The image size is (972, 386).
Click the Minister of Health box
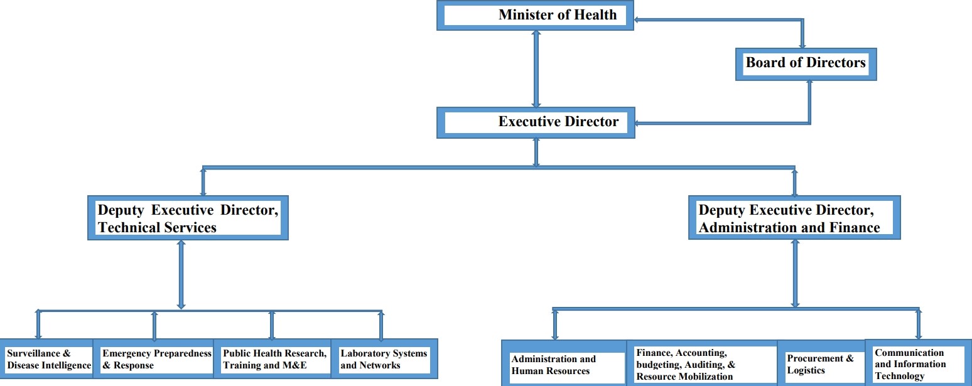click(x=535, y=16)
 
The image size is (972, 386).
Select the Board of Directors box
click(x=806, y=64)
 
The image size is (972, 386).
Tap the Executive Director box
click(x=536, y=123)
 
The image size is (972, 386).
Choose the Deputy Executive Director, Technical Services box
click(x=188, y=218)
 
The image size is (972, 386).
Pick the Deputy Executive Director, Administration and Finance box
click(x=794, y=217)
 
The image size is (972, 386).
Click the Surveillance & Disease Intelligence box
click(x=47, y=358)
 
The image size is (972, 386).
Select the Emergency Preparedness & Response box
click(x=154, y=358)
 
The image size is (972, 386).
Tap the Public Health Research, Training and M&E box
click(x=273, y=358)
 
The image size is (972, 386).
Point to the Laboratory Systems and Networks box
click(x=384, y=358)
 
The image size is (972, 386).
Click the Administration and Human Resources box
click(x=564, y=363)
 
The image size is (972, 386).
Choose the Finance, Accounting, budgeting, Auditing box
click(x=702, y=363)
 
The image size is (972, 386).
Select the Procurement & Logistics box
click(x=821, y=363)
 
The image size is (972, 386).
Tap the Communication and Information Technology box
click(x=918, y=363)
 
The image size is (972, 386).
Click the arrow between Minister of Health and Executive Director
click(x=536, y=69)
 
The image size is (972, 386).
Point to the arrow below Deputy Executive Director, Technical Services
click(x=181, y=274)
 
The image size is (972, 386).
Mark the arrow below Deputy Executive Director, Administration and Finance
click(x=795, y=273)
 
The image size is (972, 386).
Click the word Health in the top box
click(x=595, y=14)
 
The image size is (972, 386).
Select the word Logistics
click(x=806, y=370)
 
